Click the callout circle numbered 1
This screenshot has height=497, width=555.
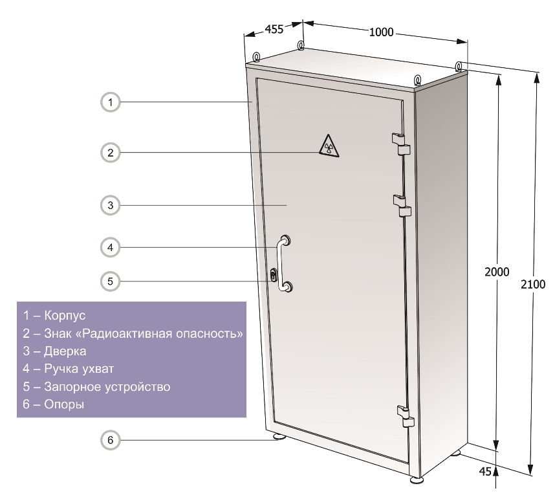111,102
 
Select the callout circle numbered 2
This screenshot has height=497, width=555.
111,153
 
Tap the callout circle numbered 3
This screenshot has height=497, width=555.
111,205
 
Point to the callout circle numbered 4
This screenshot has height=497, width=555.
111,247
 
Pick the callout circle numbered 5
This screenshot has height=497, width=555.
111,282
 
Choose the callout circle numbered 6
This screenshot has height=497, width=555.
111,440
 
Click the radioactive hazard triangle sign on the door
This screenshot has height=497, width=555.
329,146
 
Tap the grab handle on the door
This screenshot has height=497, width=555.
284,263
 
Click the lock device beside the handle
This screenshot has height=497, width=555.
274,275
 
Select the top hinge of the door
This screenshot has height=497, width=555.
400,144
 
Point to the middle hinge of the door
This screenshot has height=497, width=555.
402,206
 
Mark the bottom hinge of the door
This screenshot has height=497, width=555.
406,416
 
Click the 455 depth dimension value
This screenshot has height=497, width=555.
274,29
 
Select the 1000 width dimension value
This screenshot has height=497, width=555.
381,32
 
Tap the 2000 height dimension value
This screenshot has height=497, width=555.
497,272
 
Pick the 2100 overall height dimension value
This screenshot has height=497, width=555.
533,284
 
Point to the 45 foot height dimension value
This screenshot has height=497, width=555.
485,471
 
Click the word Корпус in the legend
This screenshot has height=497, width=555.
65,315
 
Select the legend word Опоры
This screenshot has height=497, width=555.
64,404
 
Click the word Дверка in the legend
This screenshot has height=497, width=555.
65,351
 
